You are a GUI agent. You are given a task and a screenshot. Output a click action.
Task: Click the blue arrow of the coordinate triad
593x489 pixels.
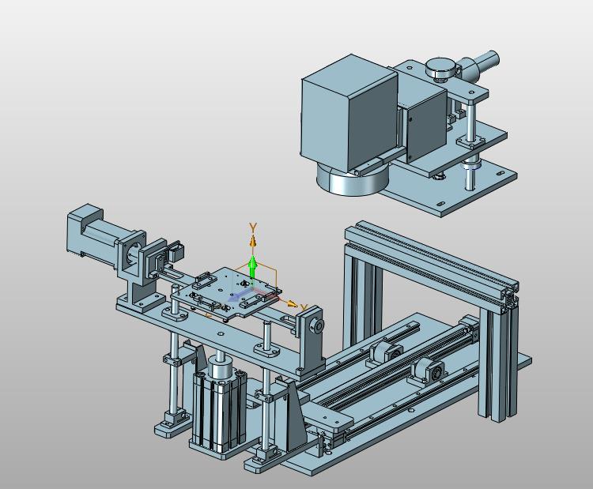(237, 295)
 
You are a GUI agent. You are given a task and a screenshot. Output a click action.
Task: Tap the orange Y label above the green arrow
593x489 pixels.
(253, 228)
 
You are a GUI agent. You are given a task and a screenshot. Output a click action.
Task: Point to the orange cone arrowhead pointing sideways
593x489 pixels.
(292, 303)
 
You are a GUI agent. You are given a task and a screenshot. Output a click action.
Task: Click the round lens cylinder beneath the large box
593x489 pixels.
(353, 180)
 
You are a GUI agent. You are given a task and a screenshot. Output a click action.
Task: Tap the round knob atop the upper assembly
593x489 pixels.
(440, 69)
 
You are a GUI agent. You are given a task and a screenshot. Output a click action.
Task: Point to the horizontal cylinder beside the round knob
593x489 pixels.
(480, 64)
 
